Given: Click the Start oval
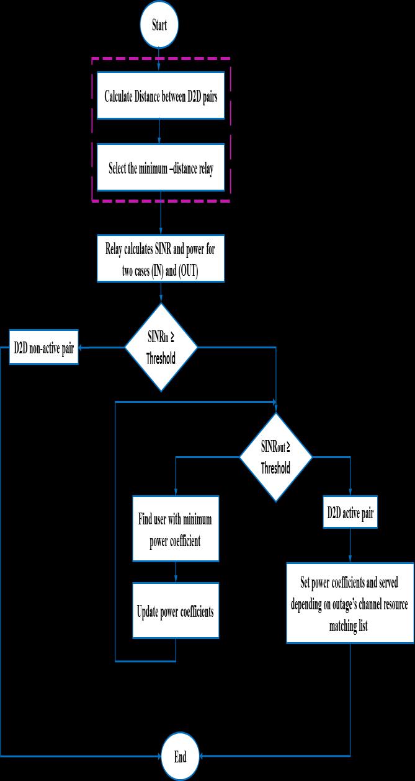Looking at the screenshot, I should [x=160, y=26].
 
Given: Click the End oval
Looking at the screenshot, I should [x=180, y=756].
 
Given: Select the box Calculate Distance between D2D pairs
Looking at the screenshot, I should [x=161, y=98].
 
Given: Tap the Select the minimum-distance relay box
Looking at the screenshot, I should [x=161, y=168].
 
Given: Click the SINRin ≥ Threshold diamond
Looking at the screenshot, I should [x=161, y=347].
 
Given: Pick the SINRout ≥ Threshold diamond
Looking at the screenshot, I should [x=276, y=457].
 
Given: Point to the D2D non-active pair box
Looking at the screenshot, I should [x=44, y=348].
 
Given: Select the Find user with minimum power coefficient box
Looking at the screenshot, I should [x=176, y=529].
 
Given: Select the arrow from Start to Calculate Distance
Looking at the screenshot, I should [x=160, y=60].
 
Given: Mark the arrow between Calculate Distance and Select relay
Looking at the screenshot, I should [x=160, y=131].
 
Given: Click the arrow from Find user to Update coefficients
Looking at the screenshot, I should [x=176, y=571].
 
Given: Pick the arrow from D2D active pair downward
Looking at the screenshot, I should [x=350, y=545].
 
